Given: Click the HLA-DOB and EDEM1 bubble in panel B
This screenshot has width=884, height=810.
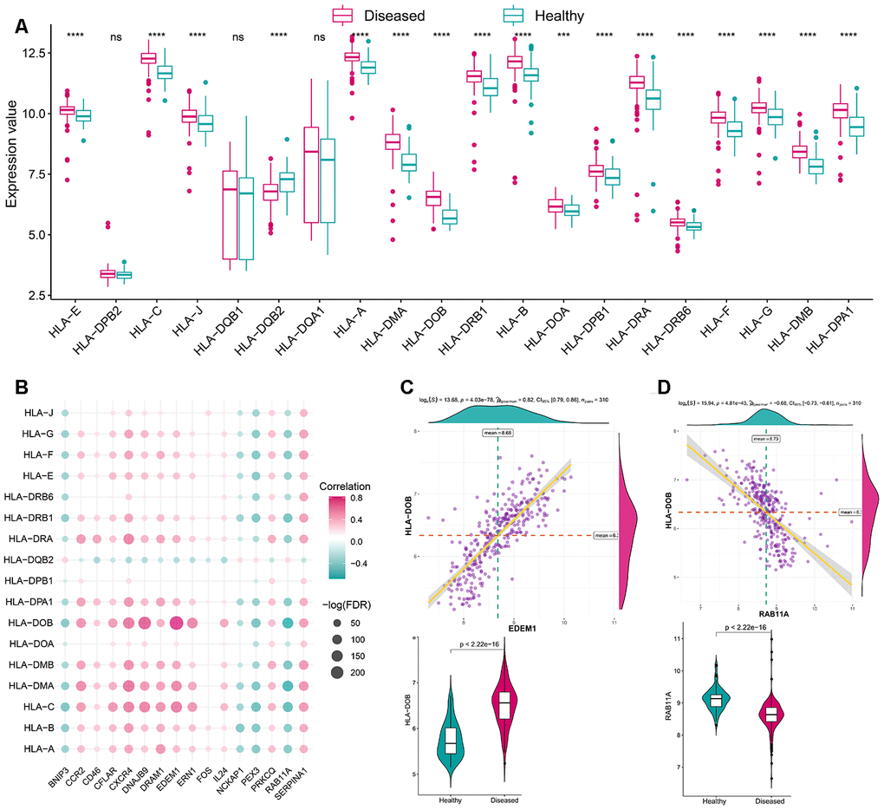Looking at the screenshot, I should point(177,623).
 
